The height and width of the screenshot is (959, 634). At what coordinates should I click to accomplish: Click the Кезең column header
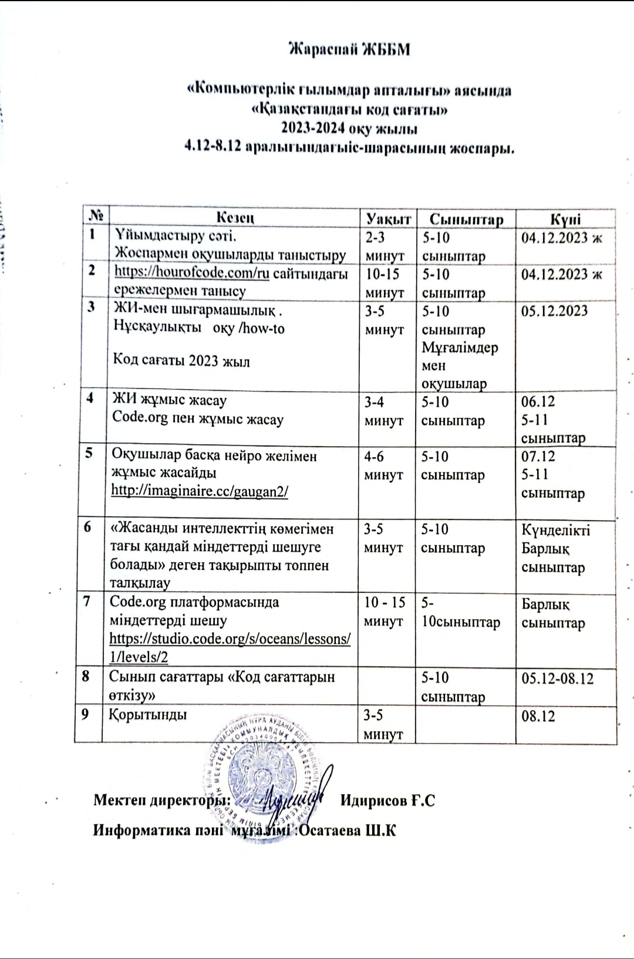coord(235,218)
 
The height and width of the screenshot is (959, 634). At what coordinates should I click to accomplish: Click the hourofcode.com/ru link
coord(191,272)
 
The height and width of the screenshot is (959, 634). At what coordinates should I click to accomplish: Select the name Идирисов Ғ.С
coord(387,801)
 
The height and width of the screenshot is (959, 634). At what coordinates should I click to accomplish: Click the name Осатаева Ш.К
coord(349,830)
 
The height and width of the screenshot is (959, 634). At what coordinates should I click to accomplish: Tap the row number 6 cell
coord(87,527)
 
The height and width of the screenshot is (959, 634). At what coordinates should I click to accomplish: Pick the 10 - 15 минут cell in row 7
coord(385,611)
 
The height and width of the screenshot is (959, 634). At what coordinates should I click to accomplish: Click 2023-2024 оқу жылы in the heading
coord(350,127)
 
